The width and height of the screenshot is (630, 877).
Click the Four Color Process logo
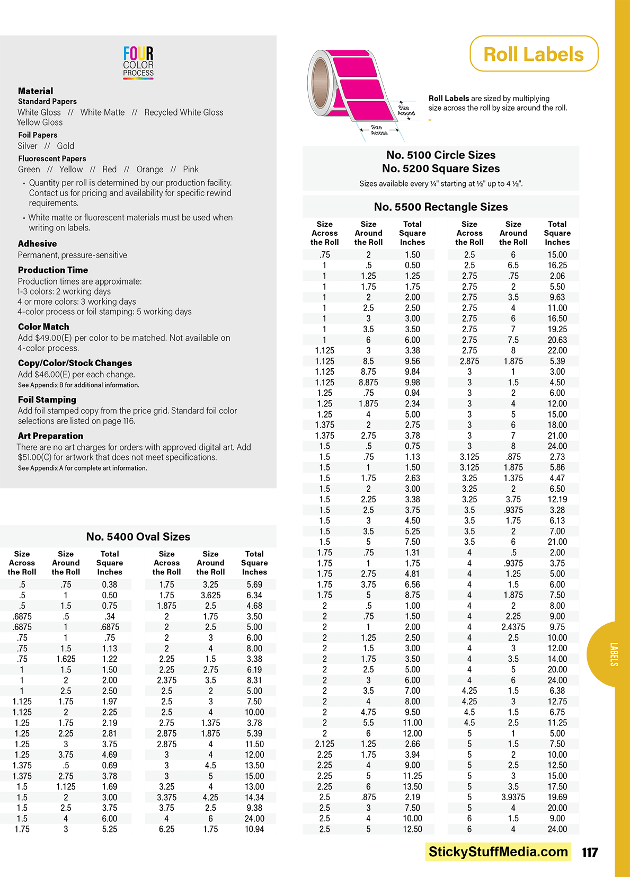tap(138, 63)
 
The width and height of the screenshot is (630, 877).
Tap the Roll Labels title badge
tap(534, 54)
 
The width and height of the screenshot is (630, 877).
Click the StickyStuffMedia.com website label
tap(498, 852)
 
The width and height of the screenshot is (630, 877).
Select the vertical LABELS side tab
tap(614, 654)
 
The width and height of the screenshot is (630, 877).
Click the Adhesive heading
tap(37, 244)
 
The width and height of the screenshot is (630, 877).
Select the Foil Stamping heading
tap(47, 400)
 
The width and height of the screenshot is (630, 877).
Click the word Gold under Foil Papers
tap(66, 146)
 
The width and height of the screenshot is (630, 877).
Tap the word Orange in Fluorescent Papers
tap(150, 169)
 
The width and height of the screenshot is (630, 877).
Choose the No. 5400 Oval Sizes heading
tap(138, 536)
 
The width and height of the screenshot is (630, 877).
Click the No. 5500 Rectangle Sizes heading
tap(441, 207)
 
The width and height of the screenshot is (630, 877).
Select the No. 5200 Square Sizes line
tap(441, 169)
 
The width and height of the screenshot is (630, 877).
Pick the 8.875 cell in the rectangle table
tap(368, 382)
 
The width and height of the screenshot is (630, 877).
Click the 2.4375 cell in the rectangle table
tap(513, 627)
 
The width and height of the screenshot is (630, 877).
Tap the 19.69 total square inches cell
tap(557, 797)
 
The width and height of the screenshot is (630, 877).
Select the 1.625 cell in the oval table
tap(66, 659)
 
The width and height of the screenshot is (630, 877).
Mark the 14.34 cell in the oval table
tap(254, 797)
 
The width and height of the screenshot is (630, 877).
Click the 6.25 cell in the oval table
tap(166, 829)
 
